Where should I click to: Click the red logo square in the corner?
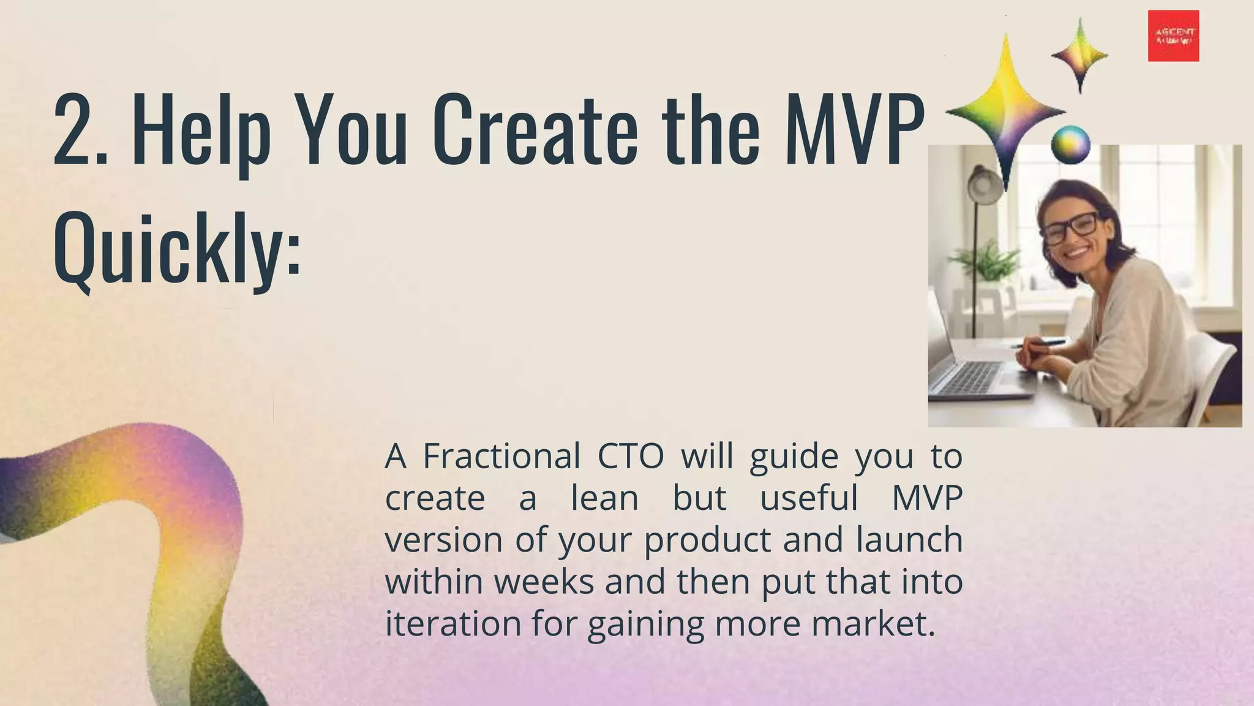point(1173,36)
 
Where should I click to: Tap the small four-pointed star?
point(1080,56)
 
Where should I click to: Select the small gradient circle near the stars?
point(1070,145)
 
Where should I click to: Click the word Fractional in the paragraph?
point(501,457)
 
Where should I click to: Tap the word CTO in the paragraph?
point(630,457)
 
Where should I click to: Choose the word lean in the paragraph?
point(604,498)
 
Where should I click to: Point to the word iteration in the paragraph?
point(452,623)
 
